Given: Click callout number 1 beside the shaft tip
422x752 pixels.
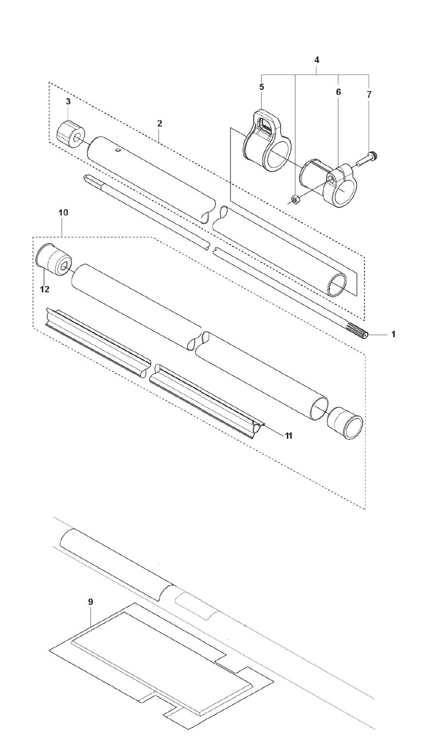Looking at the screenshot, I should pos(393,335).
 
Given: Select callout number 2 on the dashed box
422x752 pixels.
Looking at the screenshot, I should pos(159,124).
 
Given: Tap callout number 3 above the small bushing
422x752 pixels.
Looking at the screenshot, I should pos(68,102).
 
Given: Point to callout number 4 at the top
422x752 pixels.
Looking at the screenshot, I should pos(316,60).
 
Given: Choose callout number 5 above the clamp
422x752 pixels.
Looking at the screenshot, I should pos(262,87).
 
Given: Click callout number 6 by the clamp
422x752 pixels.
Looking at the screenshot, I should pos(338,91).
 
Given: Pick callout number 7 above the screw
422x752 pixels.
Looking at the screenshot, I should pos(369,95).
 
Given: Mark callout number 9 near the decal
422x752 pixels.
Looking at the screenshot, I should pos(90,602).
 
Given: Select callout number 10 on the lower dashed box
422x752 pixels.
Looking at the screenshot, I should pos(63,213).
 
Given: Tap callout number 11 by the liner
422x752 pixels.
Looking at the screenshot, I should pos(288,435).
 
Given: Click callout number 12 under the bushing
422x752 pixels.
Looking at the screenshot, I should pos(45,289).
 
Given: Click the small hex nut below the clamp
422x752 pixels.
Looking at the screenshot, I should pos(294,198).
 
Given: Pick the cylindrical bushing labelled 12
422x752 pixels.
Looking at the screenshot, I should pos(53,259).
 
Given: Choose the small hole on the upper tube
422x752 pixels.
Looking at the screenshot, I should pos(118,151).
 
